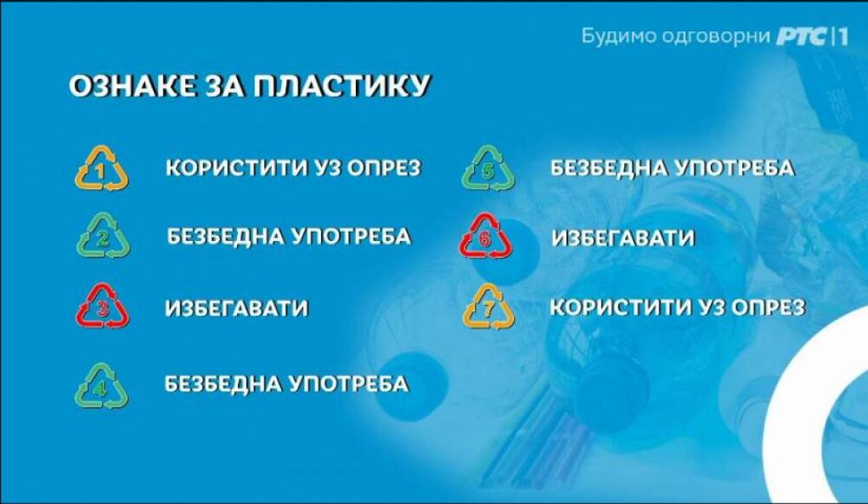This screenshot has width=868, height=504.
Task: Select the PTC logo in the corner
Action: [801, 37]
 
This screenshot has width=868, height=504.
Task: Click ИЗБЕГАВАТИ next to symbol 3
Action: [236, 308]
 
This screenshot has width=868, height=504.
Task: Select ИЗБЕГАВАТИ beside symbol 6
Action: [622, 239]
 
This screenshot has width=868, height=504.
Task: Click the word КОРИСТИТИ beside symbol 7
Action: [621, 308]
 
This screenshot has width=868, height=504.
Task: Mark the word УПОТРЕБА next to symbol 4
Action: [350, 383]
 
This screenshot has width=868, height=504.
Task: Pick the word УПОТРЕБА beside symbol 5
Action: [735, 168]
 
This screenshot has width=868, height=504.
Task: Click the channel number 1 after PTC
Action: [842, 37]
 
